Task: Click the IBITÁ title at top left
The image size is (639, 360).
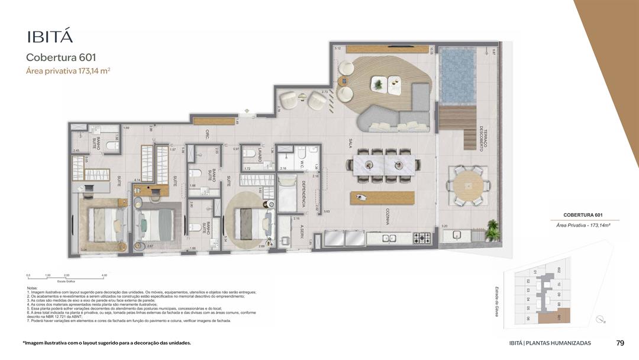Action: point(50,36)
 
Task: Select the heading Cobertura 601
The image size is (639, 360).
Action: point(61,57)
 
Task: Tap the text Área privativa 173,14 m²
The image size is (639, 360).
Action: point(68,70)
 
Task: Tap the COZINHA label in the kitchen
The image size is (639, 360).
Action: point(387,216)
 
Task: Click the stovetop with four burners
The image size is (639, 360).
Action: point(422,238)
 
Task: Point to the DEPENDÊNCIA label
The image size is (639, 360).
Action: point(303,194)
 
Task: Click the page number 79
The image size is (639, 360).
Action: point(620,343)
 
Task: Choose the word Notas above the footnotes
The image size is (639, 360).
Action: point(32,288)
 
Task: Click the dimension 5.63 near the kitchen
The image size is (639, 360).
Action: point(327,211)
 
